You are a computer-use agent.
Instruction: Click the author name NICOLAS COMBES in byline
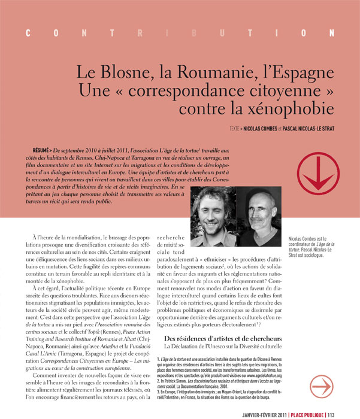264,128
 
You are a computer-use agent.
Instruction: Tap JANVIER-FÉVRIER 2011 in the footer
267,413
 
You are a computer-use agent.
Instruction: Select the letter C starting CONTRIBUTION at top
28,34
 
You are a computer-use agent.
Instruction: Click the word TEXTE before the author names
237,128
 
